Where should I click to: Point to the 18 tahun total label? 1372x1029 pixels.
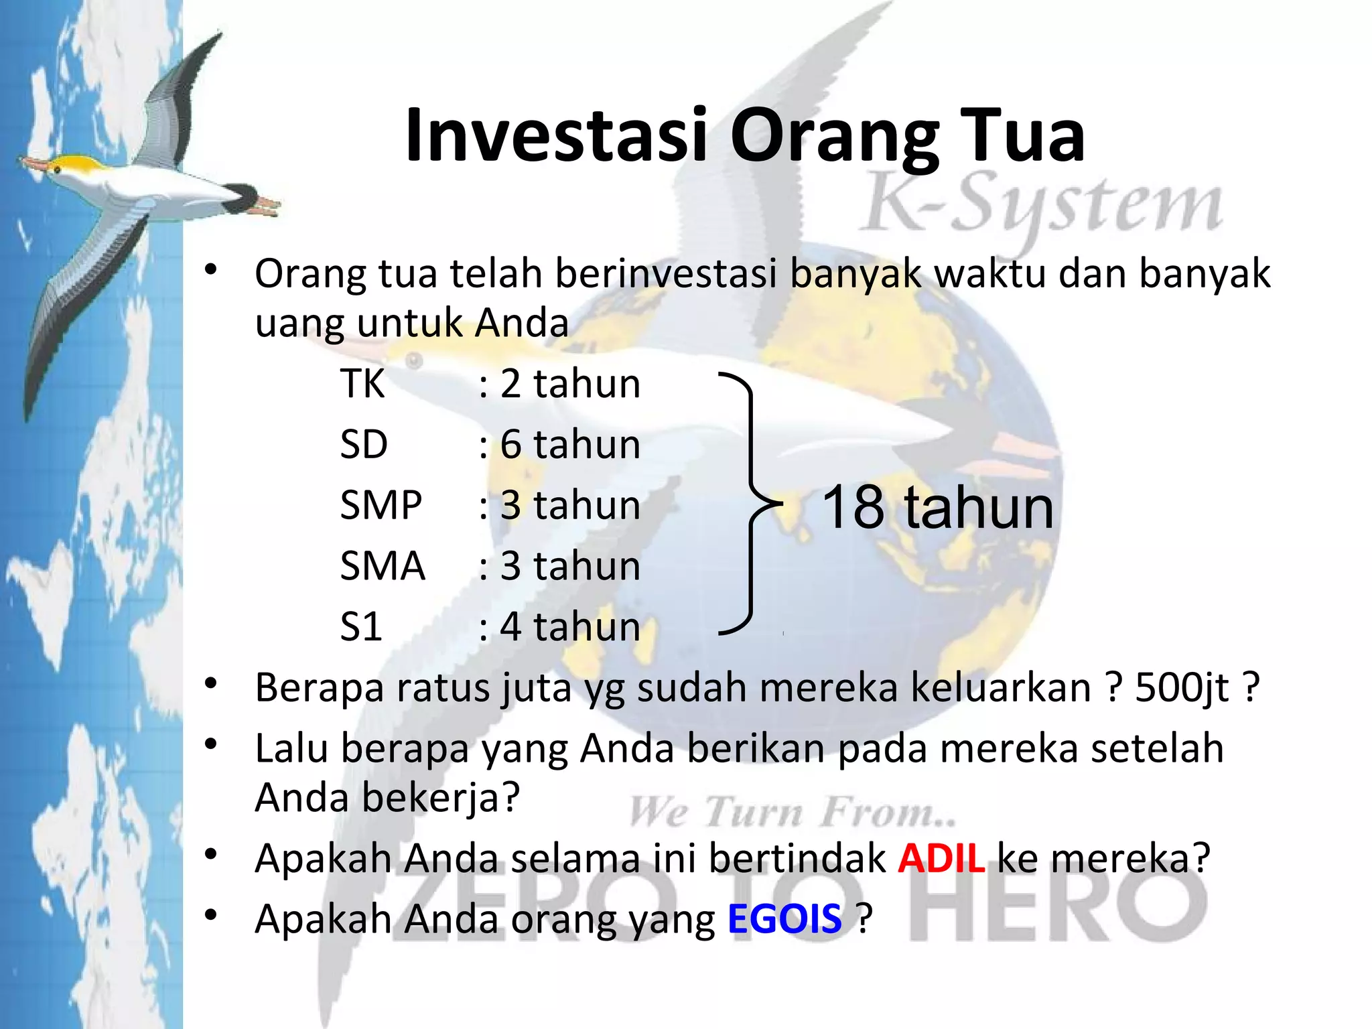click(x=937, y=508)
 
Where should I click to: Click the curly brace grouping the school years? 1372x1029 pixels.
click(x=750, y=502)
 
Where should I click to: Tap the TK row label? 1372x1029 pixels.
click(x=362, y=384)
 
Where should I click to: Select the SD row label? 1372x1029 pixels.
click(x=364, y=444)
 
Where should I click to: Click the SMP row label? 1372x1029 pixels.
click(x=381, y=505)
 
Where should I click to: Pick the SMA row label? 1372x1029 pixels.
click(x=383, y=566)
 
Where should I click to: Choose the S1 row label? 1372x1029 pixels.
click(x=361, y=627)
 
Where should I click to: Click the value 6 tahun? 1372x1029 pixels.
click(x=570, y=444)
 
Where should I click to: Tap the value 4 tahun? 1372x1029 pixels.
click(x=570, y=627)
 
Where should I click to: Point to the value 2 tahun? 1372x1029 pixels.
click(x=570, y=384)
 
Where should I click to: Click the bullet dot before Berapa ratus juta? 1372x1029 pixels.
click(x=212, y=684)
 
